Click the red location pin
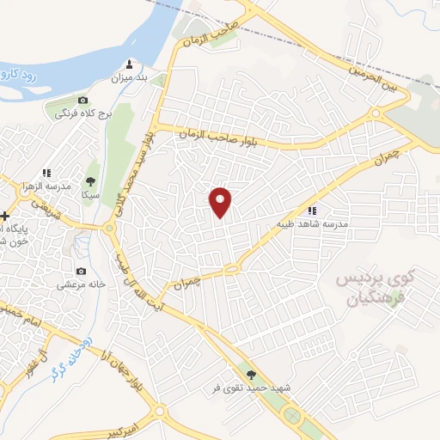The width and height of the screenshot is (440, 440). click(x=221, y=202)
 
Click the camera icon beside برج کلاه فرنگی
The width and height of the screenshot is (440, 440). click(x=82, y=101)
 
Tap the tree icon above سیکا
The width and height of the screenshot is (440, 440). click(x=90, y=181)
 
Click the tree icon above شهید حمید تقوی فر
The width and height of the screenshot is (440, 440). click(x=250, y=375)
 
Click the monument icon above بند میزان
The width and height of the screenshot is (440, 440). click(x=130, y=64)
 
